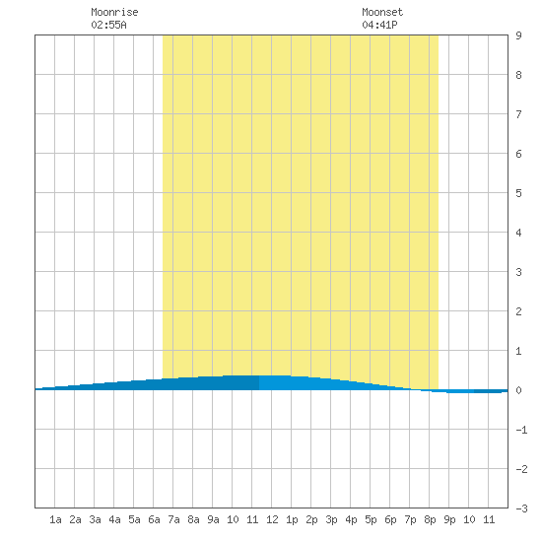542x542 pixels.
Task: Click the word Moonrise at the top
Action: pos(114,12)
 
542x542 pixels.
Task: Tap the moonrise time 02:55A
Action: pos(108,25)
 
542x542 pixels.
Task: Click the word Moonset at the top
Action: pos(382,12)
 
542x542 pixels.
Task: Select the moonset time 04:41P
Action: pos(379,25)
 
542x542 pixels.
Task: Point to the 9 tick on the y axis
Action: pos(518,35)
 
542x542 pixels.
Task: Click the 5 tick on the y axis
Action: pos(518,193)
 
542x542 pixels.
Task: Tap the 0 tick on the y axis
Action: pos(518,390)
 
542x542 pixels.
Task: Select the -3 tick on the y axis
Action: pos(521,508)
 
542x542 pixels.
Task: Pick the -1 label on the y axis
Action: pos(521,430)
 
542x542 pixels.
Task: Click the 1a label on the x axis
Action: pos(55,519)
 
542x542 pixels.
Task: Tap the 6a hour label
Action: pos(154,519)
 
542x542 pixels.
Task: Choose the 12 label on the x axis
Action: pos(272,519)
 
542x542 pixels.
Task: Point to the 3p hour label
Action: pos(331,519)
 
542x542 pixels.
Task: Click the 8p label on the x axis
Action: pos(430,519)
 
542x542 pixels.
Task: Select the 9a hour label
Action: pos(213,519)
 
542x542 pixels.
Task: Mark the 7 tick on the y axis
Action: pos(518,114)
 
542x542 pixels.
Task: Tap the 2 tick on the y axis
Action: pos(518,311)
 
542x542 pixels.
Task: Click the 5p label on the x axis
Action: pos(371,519)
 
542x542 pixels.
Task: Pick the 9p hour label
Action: pos(449,519)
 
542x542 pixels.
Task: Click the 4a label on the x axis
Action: pos(114,519)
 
